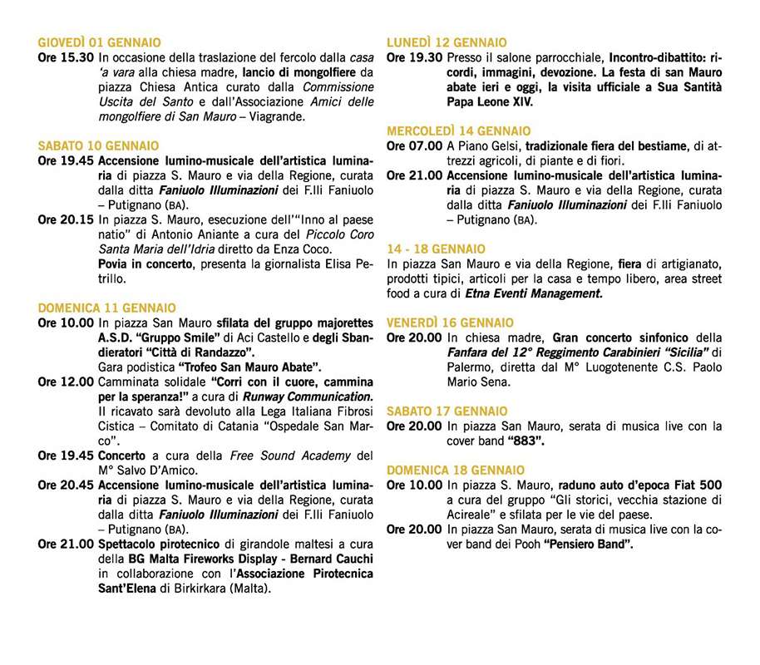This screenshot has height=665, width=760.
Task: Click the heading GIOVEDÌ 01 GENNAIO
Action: tap(100, 42)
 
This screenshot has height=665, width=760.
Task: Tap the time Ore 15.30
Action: tap(66, 58)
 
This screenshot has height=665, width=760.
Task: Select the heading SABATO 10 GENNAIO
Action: tap(98, 145)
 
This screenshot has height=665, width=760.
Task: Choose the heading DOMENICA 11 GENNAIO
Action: tap(106, 308)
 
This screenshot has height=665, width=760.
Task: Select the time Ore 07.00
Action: tap(415, 146)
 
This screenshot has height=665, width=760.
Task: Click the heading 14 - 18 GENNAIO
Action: tap(437, 249)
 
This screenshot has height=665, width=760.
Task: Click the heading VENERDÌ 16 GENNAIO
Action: tap(450, 323)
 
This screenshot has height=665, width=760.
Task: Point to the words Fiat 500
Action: tap(694, 485)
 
